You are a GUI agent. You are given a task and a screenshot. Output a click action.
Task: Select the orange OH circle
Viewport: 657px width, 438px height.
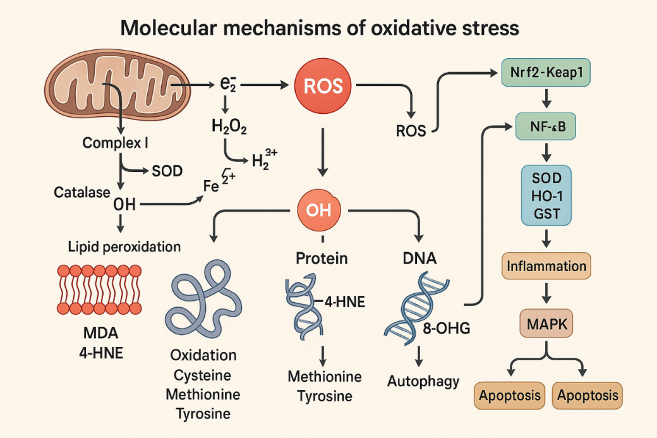tap(318, 210)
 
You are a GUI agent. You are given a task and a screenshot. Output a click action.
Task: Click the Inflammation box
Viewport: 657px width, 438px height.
tap(546, 266)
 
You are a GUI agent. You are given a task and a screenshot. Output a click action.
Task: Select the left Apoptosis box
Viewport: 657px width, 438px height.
tap(509, 396)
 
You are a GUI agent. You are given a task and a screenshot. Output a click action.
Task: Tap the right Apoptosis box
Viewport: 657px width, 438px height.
tap(587, 396)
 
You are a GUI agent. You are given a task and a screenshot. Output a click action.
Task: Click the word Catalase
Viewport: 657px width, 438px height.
tap(81, 192)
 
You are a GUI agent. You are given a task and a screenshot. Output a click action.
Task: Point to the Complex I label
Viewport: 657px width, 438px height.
tap(115, 143)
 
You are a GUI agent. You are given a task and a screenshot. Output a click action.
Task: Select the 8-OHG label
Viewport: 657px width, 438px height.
tap(448, 328)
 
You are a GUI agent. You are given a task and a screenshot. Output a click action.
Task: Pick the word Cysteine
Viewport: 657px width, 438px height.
tap(203, 375)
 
